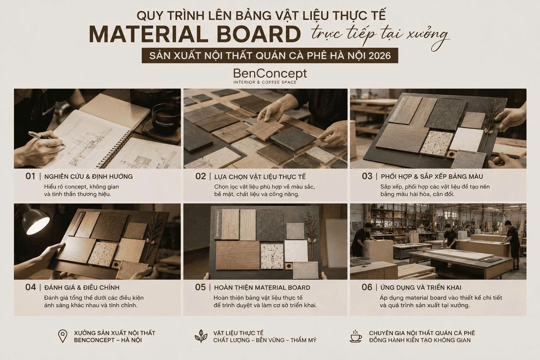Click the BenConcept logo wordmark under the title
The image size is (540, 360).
pyautogui.click(x=270, y=74)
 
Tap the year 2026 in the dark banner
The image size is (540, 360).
pyautogui.click(x=379, y=56)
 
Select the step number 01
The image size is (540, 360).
pyautogui.click(x=30, y=176)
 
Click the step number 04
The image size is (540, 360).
pyautogui.click(x=30, y=287)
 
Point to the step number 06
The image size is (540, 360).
pyautogui.click(x=367, y=287)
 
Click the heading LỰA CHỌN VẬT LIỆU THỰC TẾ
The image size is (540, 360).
pyautogui.click(x=260, y=177)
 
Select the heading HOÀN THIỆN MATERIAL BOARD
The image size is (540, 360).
pyautogui.click(x=262, y=288)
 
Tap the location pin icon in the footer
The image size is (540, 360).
pyautogui.click(x=63, y=336)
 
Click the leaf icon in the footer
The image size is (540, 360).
pyautogui.click(x=201, y=336)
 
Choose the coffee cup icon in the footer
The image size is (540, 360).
pyautogui.click(x=355, y=336)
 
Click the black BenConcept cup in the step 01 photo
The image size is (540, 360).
pyautogui.click(x=166, y=118)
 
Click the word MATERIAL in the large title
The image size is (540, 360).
pyautogui.click(x=148, y=34)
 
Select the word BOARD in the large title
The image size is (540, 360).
pyautogui.click(x=259, y=34)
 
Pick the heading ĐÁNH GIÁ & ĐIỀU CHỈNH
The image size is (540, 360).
pyautogui.click(x=82, y=288)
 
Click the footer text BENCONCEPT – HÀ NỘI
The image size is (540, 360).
pyautogui.click(x=108, y=340)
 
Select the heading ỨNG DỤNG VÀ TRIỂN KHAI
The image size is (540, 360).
pyautogui.click(x=421, y=288)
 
